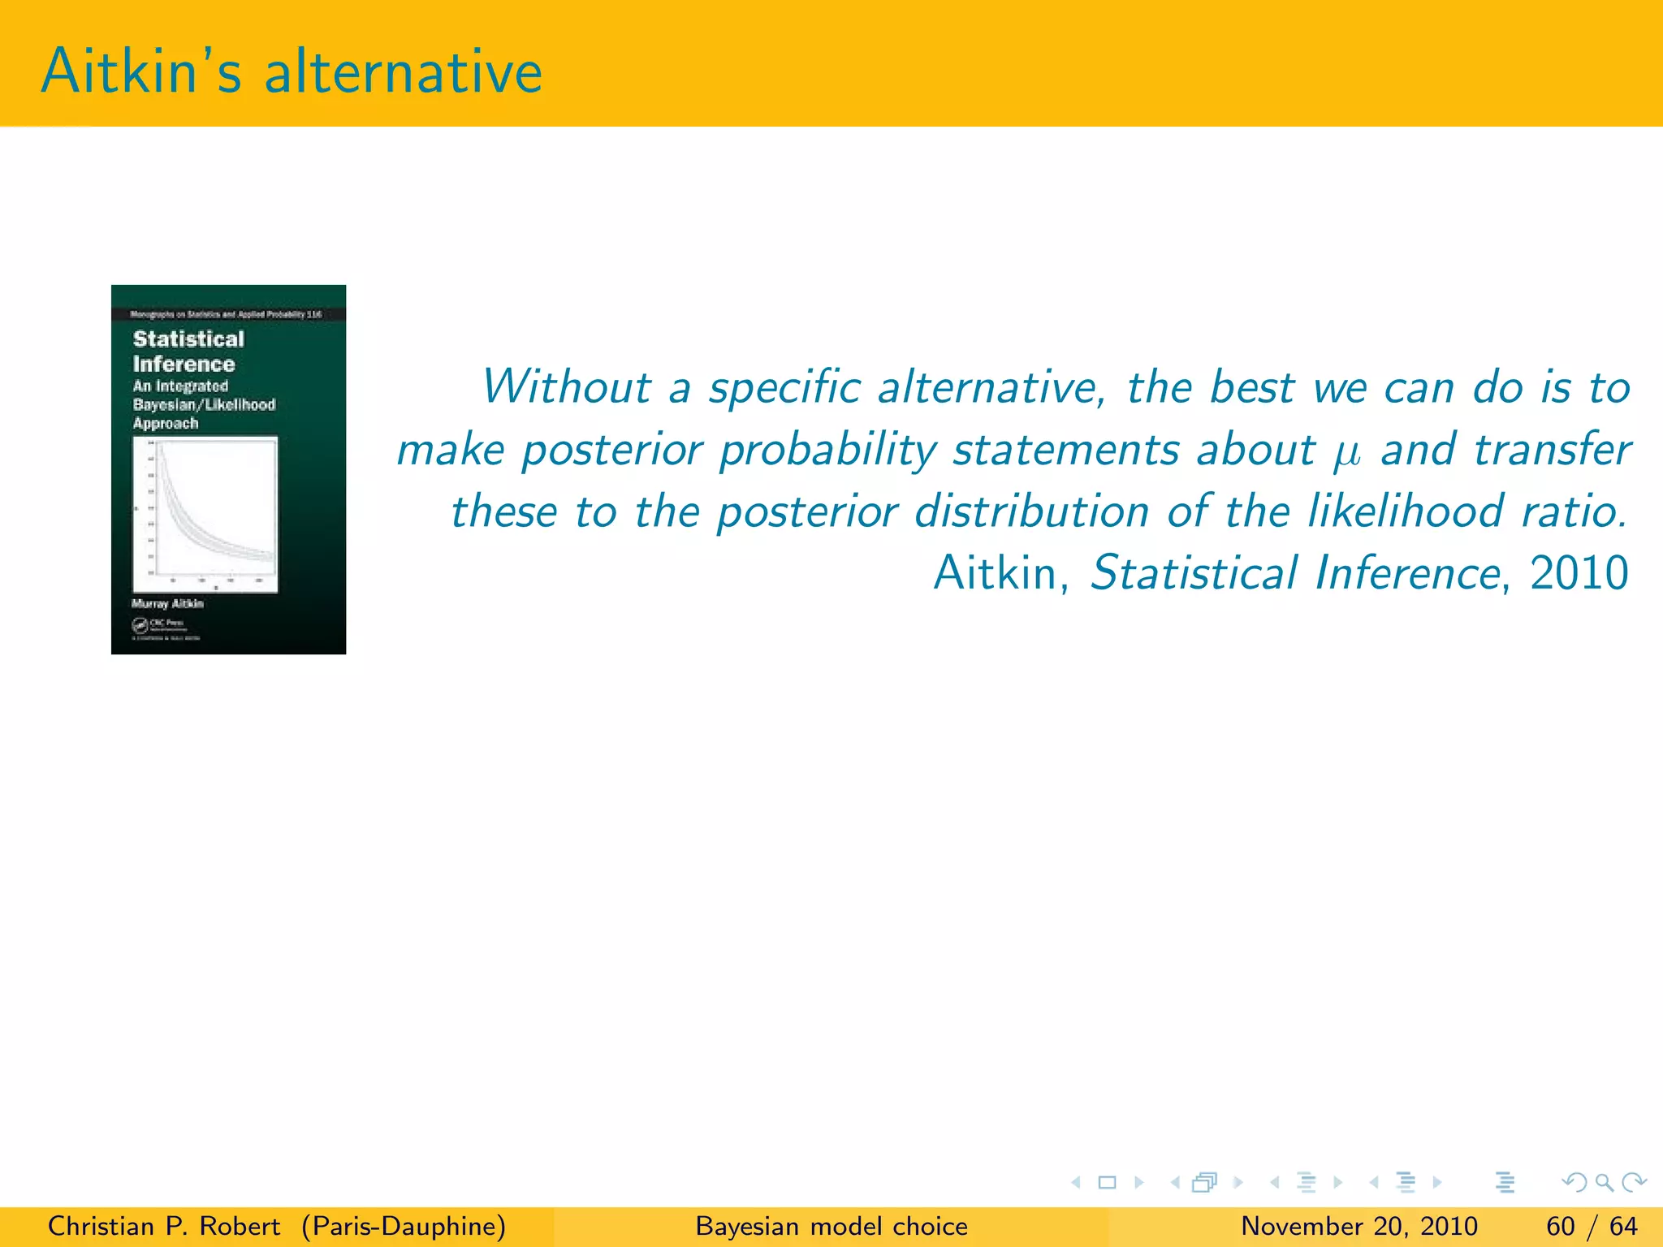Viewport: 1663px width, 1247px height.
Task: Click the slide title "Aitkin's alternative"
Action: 291,71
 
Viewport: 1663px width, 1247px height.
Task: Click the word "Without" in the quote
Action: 566,386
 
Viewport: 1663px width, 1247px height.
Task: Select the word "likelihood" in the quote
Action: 1405,511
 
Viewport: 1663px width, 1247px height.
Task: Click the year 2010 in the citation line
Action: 1579,573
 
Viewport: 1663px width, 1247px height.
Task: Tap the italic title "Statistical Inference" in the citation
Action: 1295,573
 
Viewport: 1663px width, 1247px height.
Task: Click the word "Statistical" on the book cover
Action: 188,339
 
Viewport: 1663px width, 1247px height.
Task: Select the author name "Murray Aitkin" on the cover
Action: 167,603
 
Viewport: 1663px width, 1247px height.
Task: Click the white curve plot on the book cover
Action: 205,514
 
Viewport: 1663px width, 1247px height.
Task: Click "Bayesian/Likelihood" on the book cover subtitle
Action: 204,404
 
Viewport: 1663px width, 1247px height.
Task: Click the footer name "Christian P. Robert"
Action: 164,1226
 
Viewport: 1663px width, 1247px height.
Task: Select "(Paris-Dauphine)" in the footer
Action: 404,1226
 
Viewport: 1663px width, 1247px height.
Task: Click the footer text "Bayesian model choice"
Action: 831,1226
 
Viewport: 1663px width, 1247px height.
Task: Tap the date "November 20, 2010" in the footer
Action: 1358,1226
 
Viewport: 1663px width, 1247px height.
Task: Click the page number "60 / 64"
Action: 1592,1226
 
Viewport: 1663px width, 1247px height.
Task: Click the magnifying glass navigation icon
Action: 1604,1182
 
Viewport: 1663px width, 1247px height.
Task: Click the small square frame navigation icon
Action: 1107,1182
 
